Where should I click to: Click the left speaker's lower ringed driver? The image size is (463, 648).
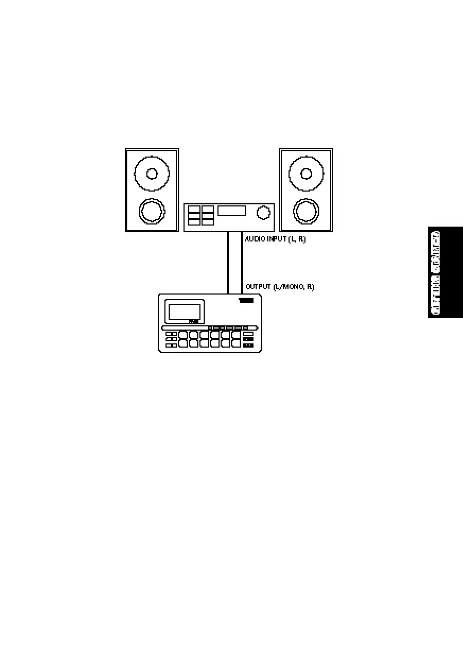pyautogui.click(x=152, y=212)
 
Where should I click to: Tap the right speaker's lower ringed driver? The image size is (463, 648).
pyautogui.click(x=305, y=212)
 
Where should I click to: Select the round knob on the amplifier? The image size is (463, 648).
pyautogui.click(x=262, y=213)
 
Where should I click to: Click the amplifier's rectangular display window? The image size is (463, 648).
pyautogui.click(x=232, y=211)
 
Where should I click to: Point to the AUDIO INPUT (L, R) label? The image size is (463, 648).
pyautogui.click(x=275, y=239)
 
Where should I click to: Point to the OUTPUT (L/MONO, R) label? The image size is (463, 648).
pyautogui.click(x=279, y=287)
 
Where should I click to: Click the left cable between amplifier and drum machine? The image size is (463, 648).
pyautogui.click(x=229, y=263)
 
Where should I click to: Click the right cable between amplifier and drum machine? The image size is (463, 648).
pyautogui.click(x=242, y=263)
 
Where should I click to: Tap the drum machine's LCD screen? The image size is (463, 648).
pyautogui.click(x=184, y=312)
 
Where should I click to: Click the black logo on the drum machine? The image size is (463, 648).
pyautogui.click(x=246, y=301)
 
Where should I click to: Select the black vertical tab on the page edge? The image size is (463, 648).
pyautogui.click(x=445, y=272)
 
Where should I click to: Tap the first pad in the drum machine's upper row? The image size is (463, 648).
pyautogui.click(x=183, y=335)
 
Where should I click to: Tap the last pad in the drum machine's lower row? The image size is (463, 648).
pyautogui.click(x=236, y=343)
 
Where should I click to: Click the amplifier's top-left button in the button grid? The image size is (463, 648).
pyautogui.click(x=194, y=209)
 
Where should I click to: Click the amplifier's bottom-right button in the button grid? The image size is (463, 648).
pyautogui.click(x=207, y=222)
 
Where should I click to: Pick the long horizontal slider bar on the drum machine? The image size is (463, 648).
pyautogui.click(x=210, y=328)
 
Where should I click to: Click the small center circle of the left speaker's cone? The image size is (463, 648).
pyautogui.click(x=152, y=174)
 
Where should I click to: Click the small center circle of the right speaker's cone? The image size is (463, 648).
pyautogui.click(x=306, y=174)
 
